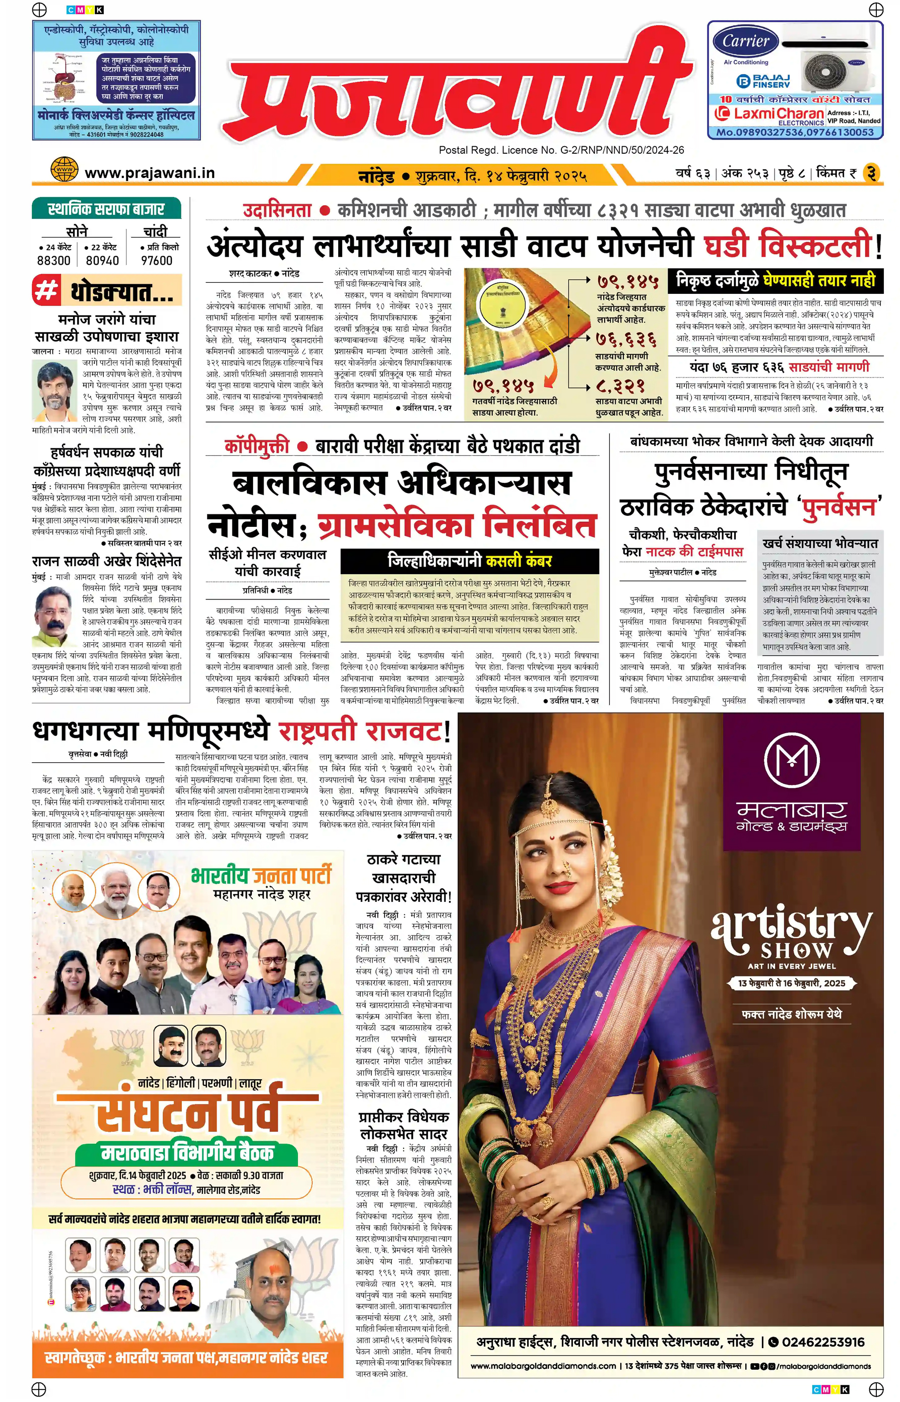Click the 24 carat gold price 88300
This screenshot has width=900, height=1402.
(x=54, y=260)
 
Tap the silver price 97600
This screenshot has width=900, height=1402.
(x=157, y=260)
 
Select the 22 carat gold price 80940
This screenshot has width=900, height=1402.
(x=102, y=260)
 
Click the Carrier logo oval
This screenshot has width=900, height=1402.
(x=746, y=41)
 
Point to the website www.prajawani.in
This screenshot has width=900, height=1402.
(x=150, y=173)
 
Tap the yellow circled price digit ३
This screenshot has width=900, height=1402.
(x=871, y=173)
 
